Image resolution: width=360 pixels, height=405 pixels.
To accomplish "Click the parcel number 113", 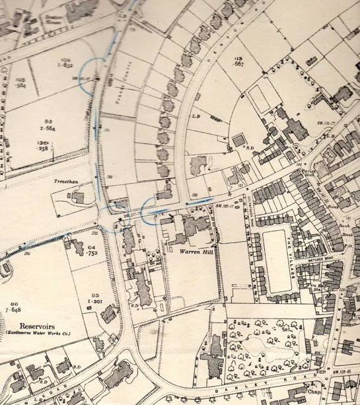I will [238, 59].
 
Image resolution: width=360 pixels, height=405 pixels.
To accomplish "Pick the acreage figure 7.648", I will [14, 309].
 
